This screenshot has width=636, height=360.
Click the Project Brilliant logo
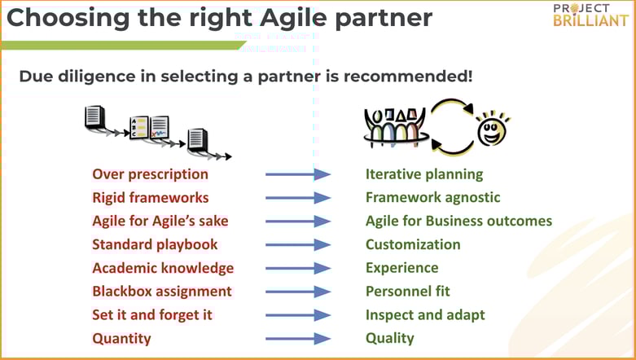pos(590,15)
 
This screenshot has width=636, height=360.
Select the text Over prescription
pos(150,174)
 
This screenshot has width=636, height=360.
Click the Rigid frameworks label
pos(150,198)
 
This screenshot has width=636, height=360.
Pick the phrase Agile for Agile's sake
pos(160,221)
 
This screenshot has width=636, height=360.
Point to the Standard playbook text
pos(155,244)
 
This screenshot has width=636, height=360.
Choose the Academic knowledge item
pos(163,268)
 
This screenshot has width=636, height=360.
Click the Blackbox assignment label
pos(162,291)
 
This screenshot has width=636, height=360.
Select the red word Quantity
pos(121,338)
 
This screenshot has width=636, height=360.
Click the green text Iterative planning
pos(423,174)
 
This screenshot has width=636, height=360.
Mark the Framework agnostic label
pos(432,198)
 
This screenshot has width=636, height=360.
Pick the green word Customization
pos(412,244)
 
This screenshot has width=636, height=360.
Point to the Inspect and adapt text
pos(424,314)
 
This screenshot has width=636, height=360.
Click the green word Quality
pos(389,338)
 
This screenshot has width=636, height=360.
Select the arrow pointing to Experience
pos(298,268)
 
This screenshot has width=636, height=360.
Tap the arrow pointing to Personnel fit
pos(298,291)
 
